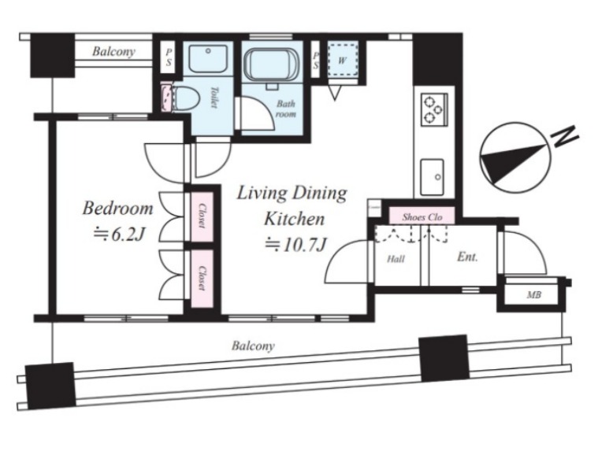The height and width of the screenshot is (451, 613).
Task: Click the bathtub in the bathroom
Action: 272,65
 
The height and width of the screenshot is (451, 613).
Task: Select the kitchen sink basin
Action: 432,177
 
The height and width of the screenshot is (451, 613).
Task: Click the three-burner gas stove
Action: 434,109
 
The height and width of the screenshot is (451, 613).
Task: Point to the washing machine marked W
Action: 342,61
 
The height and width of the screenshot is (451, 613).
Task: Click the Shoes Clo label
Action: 422,217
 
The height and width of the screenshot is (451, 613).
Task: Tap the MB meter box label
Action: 533,295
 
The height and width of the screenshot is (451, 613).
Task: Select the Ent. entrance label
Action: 467,257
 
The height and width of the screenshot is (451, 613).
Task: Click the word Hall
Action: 396,258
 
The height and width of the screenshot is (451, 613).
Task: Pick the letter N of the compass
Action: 564,136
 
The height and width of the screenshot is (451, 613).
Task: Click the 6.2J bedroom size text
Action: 120,234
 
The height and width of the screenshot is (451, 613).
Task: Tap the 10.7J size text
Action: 295,245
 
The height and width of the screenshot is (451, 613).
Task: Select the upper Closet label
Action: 202,215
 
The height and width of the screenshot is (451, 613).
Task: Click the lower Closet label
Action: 202,278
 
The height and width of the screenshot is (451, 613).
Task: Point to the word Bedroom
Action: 117,208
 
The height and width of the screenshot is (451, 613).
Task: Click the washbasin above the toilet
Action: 208,58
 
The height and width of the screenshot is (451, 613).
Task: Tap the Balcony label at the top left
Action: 113,51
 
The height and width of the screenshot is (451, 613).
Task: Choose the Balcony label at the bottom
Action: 253,346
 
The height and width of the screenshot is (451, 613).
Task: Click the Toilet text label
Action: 214,97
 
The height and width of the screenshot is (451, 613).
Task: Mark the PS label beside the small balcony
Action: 169,57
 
